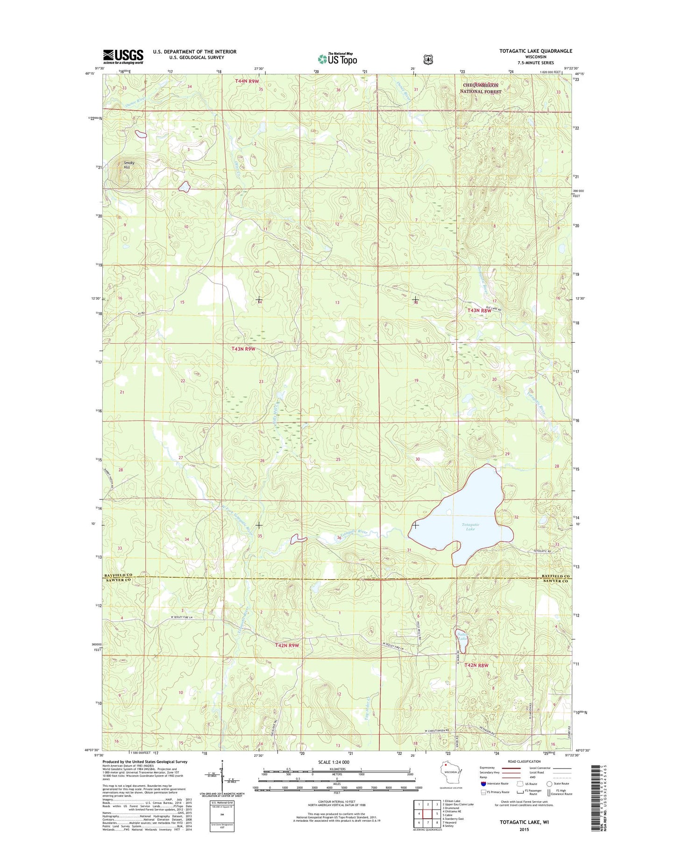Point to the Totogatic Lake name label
470,527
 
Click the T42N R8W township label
476,665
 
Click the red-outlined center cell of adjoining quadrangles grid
428,813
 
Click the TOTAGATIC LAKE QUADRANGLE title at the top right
535,51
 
